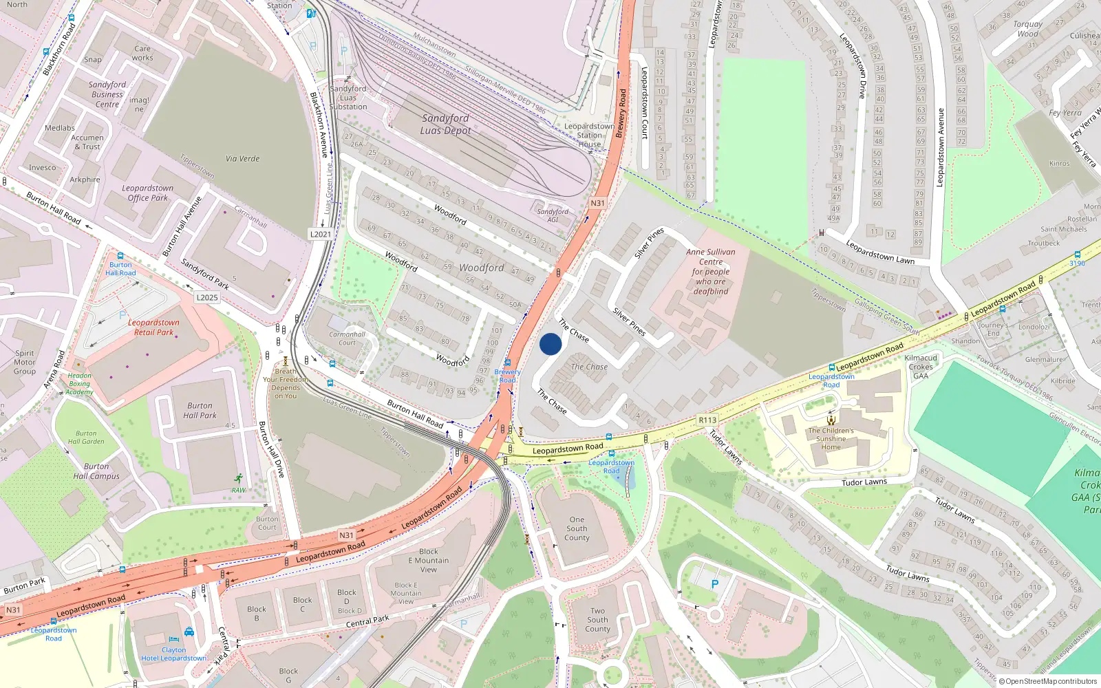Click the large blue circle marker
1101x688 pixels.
point(550,344)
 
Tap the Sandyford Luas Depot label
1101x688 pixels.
point(446,125)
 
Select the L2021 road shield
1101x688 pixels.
point(321,234)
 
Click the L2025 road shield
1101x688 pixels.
point(206,298)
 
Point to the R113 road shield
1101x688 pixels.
point(707,420)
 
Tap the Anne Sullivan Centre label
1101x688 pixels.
point(711,272)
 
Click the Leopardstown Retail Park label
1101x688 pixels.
point(153,327)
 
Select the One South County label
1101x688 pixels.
point(577,529)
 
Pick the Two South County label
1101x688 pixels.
point(597,620)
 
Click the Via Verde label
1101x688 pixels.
point(243,159)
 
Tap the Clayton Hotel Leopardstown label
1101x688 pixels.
point(174,654)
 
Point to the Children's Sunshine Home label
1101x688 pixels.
point(831,439)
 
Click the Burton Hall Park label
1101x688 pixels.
point(200,411)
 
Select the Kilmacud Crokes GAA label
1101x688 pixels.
point(921,367)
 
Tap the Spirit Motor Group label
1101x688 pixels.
point(25,363)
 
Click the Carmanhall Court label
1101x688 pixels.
point(347,338)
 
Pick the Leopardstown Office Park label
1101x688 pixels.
point(148,193)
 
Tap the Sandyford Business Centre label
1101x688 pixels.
point(107,95)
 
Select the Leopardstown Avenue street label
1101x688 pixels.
point(940,147)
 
